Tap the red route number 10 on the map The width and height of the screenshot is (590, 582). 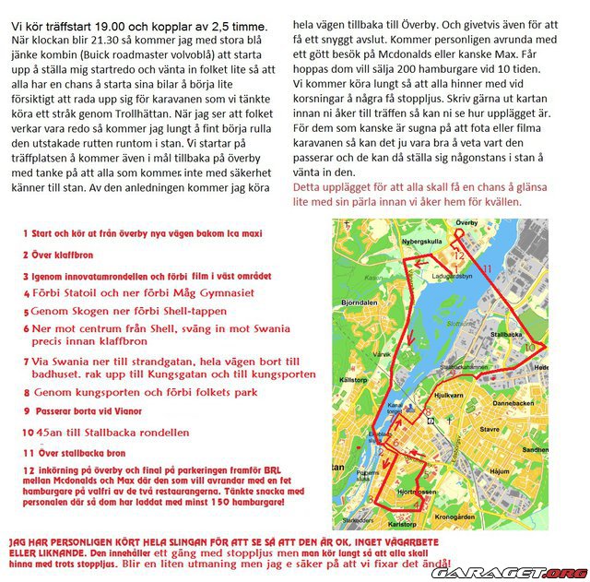point(530,348)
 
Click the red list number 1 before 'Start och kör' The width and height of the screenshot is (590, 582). point(25,232)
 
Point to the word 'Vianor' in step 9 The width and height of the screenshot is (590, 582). point(132,414)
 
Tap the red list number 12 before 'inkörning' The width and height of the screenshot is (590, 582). point(27,469)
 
